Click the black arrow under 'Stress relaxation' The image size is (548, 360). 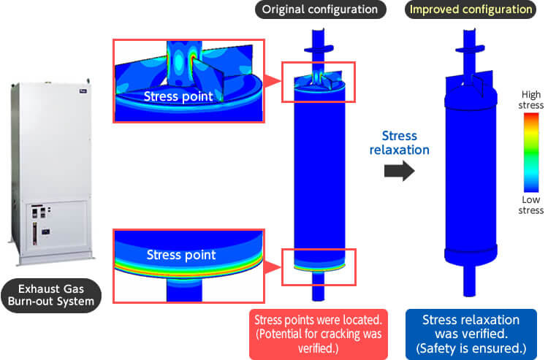tap(399, 171)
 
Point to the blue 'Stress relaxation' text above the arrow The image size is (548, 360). tap(399, 143)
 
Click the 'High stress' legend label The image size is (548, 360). tap(531, 100)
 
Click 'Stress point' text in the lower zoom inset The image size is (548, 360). tap(181, 255)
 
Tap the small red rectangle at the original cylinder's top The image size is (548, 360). tap(318, 81)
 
